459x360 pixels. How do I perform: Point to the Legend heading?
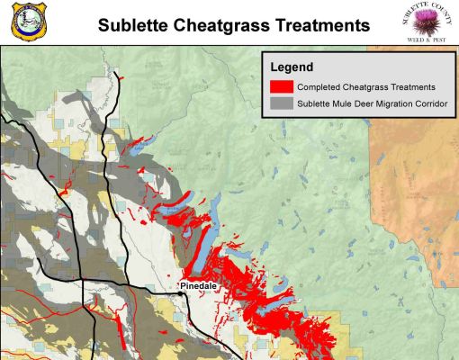tap(292, 67)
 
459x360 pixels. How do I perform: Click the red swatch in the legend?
tap(282, 86)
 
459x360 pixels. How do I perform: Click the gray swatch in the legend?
tap(282, 105)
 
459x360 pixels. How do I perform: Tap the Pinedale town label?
tap(200, 286)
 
